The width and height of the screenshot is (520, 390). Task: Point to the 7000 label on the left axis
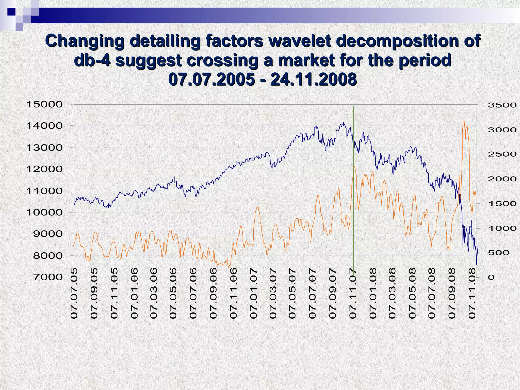(48, 277)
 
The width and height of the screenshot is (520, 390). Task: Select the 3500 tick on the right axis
(502, 105)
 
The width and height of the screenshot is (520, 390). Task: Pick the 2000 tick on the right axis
(502, 179)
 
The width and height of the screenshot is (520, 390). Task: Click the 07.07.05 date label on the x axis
(74, 293)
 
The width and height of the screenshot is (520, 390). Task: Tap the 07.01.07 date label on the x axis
(254, 293)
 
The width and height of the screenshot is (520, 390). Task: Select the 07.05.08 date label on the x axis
(413, 293)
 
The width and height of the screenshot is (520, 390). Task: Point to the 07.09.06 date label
(214, 293)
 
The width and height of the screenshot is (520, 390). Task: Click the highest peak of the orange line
(464, 119)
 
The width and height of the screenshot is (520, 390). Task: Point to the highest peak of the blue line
(344, 123)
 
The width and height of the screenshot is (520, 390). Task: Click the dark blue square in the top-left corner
(11, 12)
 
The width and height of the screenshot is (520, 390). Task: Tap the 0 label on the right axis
(491, 277)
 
